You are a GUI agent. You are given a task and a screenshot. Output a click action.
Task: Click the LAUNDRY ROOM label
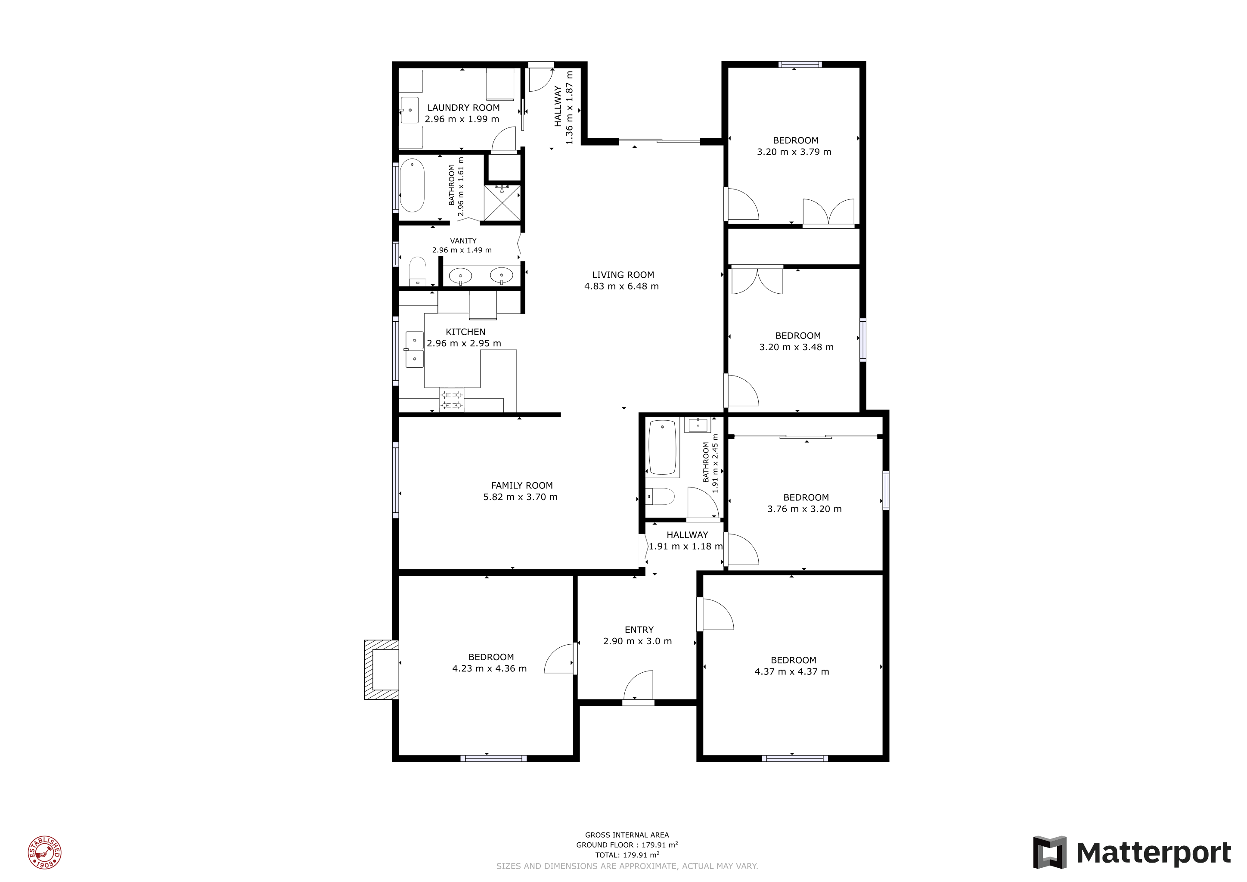tap(463, 108)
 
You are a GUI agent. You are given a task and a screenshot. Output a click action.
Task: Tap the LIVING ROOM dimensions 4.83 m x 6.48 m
tap(621, 286)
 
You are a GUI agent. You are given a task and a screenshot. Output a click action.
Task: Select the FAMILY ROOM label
tap(522, 485)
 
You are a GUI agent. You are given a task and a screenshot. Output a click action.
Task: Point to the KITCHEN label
tap(465, 332)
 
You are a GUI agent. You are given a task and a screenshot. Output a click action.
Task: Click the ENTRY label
tap(639, 630)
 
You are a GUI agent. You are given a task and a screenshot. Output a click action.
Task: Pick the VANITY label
tap(463, 241)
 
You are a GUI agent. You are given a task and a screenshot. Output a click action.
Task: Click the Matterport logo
tap(1132, 852)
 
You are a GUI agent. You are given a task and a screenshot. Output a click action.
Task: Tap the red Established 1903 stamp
tap(44, 852)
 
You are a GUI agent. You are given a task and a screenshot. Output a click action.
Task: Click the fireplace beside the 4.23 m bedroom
tap(381, 670)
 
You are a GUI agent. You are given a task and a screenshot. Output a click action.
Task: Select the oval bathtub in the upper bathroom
tap(412, 186)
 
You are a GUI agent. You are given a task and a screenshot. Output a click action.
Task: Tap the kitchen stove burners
tap(451, 400)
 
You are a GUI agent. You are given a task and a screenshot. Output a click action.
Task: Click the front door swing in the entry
tap(639, 686)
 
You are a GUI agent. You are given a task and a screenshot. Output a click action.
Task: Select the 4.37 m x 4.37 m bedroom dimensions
tap(792, 672)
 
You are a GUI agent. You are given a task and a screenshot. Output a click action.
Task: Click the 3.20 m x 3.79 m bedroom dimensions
tap(794, 152)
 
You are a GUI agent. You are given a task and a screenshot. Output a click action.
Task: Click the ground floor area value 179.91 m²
tap(659, 845)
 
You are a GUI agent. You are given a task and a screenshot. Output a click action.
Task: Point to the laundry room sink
tap(409, 110)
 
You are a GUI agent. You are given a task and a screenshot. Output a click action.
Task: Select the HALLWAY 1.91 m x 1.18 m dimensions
tap(686, 547)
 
